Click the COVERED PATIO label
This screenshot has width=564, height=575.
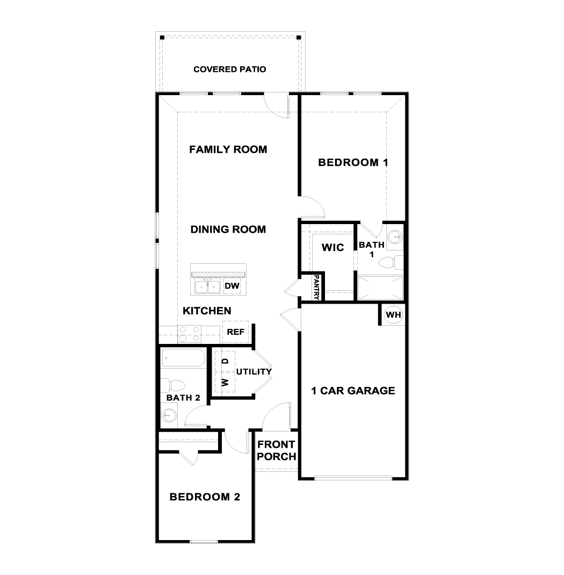point(229,69)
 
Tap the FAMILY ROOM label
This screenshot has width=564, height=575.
point(228,149)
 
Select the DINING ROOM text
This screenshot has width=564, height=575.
point(228,229)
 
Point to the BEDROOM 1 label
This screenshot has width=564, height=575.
point(353,162)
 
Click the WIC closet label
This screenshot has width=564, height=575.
point(332,248)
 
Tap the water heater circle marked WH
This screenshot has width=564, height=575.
point(393,315)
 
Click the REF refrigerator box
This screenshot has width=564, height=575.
point(235,332)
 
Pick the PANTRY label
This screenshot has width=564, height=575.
point(316,287)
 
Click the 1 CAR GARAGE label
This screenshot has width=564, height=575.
point(353,391)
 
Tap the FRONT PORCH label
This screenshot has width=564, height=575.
point(276,450)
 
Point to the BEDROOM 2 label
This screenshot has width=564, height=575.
point(204,497)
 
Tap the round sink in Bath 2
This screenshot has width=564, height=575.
point(170,415)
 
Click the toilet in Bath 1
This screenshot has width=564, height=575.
point(390,263)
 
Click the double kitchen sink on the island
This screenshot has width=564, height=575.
point(207,286)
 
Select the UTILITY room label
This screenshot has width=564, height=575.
point(254,371)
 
